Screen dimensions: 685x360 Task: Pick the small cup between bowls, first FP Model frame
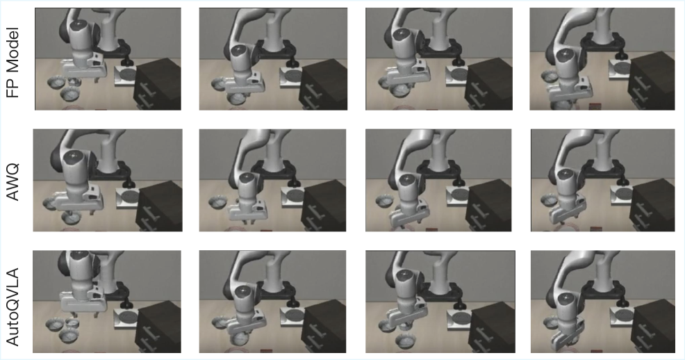pos(74,82)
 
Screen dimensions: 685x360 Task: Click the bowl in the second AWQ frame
pos(217,202)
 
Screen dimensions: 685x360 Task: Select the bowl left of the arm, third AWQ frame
pos(385,202)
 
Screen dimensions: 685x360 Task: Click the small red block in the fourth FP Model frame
pos(594,106)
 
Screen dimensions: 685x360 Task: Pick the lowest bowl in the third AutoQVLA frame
pos(406,341)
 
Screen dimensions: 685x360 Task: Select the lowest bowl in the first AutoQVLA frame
pos(68,336)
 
